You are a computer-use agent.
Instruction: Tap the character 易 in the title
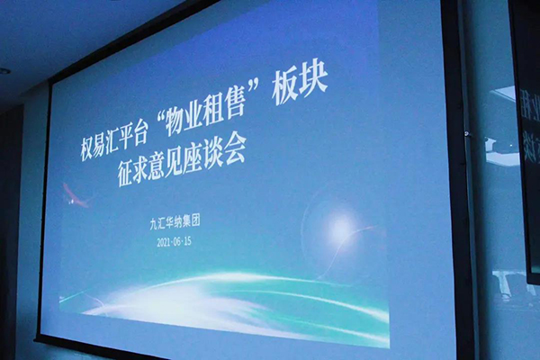pyautogui.click(x=105, y=141)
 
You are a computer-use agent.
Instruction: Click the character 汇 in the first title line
pyautogui.click(x=126, y=136)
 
